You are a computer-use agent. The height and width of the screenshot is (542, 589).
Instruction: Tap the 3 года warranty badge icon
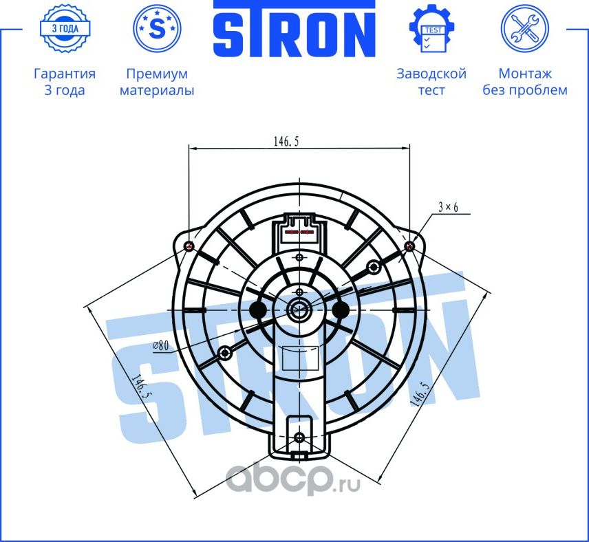click(x=64, y=28)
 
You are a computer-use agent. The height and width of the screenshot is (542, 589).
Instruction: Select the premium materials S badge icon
click(x=157, y=28)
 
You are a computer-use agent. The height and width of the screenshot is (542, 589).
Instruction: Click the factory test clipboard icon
click(x=431, y=28)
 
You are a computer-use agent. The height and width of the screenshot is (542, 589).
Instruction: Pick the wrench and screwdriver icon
click(x=524, y=28)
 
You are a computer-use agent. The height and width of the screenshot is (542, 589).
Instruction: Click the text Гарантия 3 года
click(x=64, y=82)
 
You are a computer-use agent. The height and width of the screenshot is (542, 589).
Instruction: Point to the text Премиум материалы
click(x=157, y=82)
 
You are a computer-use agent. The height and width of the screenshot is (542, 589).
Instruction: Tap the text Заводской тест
click(x=431, y=82)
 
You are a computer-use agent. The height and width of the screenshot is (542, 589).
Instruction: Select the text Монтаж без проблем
click(x=524, y=82)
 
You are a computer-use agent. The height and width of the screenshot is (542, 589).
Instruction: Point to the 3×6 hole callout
click(x=447, y=206)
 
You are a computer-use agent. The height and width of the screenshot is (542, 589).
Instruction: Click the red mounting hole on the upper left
click(x=191, y=246)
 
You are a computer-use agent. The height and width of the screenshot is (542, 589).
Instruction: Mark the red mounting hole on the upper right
click(x=410, y=246)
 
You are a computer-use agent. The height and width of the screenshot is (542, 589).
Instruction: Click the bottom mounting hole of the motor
click(x=299, y=438)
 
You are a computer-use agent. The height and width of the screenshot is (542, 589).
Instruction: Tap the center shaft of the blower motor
click(x=299, y=310)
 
